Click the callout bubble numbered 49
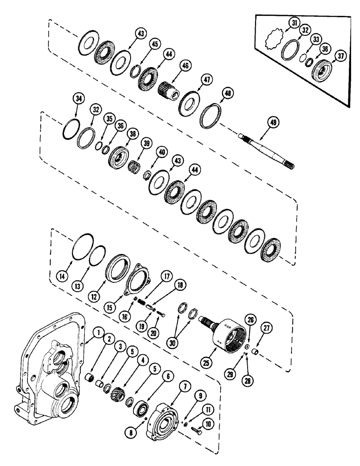click(274, 123)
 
